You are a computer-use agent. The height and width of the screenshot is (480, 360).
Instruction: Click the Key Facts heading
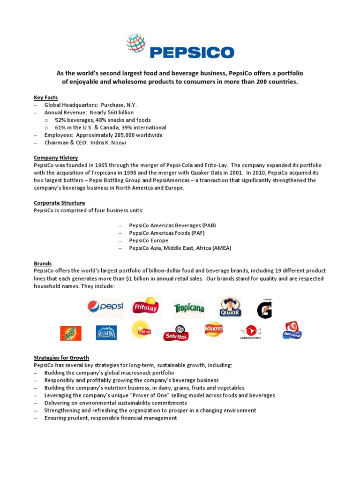[x=45, y=97]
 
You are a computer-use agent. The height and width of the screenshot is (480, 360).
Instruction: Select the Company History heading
[x=56, y=158]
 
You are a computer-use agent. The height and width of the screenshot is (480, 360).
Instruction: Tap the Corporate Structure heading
[x=59, y=203]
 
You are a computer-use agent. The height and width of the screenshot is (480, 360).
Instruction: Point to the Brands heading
[x=43, y=263]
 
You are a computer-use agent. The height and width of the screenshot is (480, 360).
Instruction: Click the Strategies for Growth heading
[x=61, y=358]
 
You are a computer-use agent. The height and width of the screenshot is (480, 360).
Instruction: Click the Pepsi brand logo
[x=105, y=307]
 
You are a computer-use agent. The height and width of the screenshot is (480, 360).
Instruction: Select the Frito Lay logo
[x=146, y=307]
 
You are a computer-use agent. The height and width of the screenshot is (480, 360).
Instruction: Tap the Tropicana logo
[x=189, y=308]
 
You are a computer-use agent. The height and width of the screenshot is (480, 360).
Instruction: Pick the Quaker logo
[x=231, y=307]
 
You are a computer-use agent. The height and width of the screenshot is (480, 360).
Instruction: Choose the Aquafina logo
[x=106, y=332]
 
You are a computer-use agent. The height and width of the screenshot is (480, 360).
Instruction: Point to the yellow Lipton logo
[x=141, y=329]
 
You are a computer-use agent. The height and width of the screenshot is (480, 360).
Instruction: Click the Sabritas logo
[x=176, y=333]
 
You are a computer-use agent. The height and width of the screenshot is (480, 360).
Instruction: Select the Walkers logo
[x=214, y=330]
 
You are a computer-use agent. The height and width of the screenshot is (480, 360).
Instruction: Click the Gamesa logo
[x=292, y=330]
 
